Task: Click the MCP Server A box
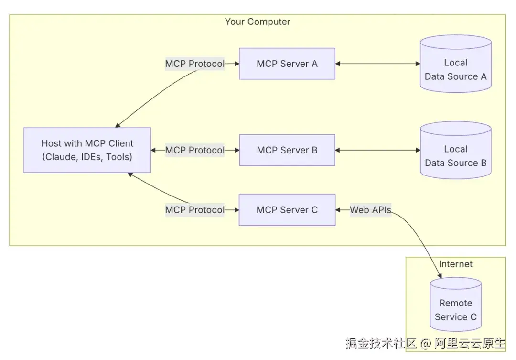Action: (287, 64)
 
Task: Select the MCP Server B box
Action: (287, 150)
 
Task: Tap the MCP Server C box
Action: (287, 210)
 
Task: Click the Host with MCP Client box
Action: (87, 150)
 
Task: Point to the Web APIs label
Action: (370, 210)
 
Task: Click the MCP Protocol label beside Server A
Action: (194, 64)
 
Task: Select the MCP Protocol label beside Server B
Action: (194, 150)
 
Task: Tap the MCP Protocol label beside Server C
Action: (194, 210)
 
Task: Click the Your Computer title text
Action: (258, 22)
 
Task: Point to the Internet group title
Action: (455, 264)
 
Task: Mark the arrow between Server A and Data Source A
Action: (377, 64)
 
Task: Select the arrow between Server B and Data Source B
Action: (377, 150)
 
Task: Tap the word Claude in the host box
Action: (59, 157)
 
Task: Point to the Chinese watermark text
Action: (425, 343)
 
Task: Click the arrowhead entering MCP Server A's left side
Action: (236, 64)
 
